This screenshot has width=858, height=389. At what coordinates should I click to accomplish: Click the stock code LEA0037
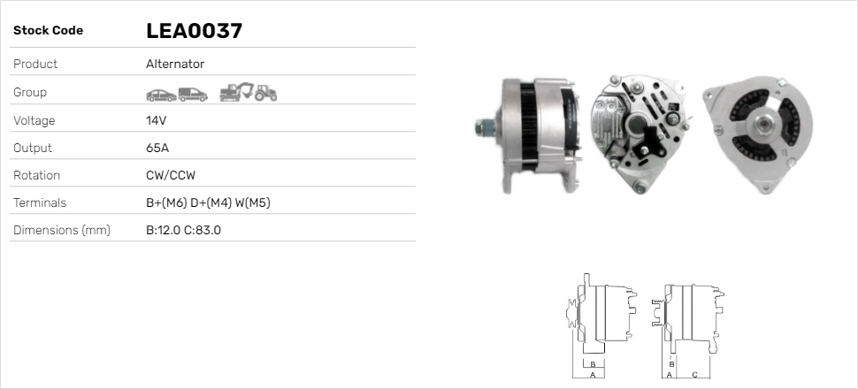tap(194, 31)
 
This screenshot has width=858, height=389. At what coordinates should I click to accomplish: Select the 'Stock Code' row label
tap(48, 31)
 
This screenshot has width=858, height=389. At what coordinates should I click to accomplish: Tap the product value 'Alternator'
tap(174, 64)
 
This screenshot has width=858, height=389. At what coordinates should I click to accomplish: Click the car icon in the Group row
tap(160, 93)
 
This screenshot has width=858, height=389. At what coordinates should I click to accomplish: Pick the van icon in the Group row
tap(192, 93)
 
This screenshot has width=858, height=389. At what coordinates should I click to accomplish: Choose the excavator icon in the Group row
tap(236, 91)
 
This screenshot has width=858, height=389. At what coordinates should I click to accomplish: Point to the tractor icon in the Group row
tap(265, 92)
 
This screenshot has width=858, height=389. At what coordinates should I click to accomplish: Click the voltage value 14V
tap(157, 120)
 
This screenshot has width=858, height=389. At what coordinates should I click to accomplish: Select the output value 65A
tap(157, 148)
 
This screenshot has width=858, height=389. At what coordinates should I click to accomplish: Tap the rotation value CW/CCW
tap(170, 176)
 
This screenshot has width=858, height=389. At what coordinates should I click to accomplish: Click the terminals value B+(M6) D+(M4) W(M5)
tap(208, 203)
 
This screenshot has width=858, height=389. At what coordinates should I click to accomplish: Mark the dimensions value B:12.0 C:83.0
tap(183, 231)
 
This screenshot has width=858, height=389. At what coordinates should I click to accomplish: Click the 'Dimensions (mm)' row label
tap(61, 231)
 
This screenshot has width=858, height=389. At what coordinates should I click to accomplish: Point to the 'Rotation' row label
tap(36, 176)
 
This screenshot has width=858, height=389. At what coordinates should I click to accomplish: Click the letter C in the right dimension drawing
tap(694, 374)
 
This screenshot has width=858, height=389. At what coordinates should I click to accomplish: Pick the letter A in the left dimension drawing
tap(593, 374)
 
